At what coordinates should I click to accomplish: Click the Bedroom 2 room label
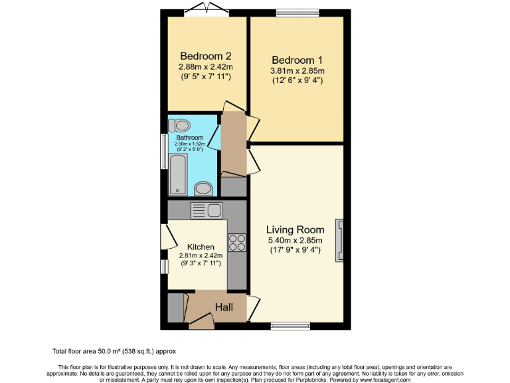(x=205, y=56)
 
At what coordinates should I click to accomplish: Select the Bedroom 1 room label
(x=297, y=59)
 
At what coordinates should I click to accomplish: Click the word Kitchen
(x=201, y=247)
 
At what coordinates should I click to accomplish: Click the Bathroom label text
(x=190, y=138)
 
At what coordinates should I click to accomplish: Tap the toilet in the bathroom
(x=180, y=125)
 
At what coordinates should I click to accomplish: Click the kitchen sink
(x=207, y=211)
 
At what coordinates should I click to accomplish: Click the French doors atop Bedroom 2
(x=205, y=9)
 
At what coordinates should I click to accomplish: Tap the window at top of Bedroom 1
(x=297, y=11)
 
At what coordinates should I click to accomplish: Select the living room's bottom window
(x=290, y=326)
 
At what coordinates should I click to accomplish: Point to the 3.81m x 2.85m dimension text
(x=297, y=70)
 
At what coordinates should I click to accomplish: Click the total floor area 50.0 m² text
(x=114, y=350)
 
